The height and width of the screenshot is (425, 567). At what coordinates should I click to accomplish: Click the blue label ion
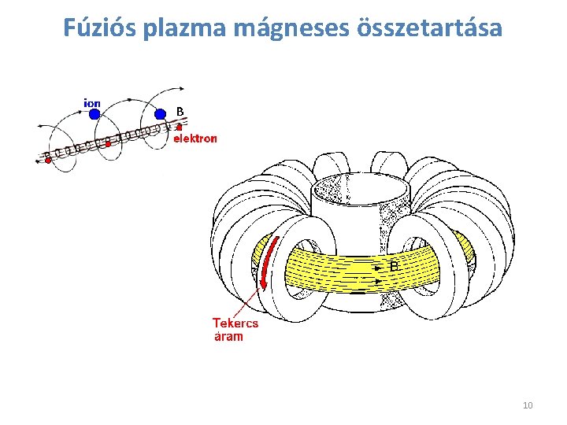click(92, 102)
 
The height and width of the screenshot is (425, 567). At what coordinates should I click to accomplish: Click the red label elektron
click(195, 139)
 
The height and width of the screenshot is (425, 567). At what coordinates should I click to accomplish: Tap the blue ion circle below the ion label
click(94, 114)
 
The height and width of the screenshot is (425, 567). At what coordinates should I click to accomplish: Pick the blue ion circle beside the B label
click(160, 114)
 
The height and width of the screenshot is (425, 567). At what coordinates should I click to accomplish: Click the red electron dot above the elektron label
click(180, 127)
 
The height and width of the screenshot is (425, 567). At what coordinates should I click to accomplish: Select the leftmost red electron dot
click(48, 160)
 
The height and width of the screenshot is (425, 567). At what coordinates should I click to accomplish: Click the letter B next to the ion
click(180, 112)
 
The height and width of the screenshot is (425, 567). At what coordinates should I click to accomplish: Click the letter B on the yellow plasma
click(395, 267)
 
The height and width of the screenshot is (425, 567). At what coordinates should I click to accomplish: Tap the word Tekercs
click(235, 323)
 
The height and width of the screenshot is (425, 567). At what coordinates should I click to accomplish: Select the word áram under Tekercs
click(229, 336)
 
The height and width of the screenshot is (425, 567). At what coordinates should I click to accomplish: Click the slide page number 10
click(528, 405)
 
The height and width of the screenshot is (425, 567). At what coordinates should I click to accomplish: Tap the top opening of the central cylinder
click(361, 190)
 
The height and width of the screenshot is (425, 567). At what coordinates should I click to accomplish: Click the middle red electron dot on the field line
click(108, 143)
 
